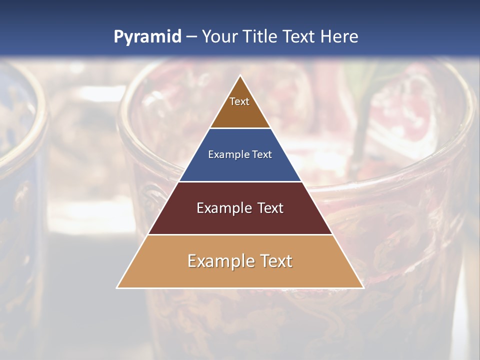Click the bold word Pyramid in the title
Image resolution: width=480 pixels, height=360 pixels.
(147, 37)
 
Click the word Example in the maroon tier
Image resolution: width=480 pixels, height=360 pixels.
(223, 208)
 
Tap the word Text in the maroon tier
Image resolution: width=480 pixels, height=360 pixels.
(269, 208)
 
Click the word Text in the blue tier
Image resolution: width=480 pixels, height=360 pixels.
(262, 155)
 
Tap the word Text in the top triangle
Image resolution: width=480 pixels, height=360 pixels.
(239, 101)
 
